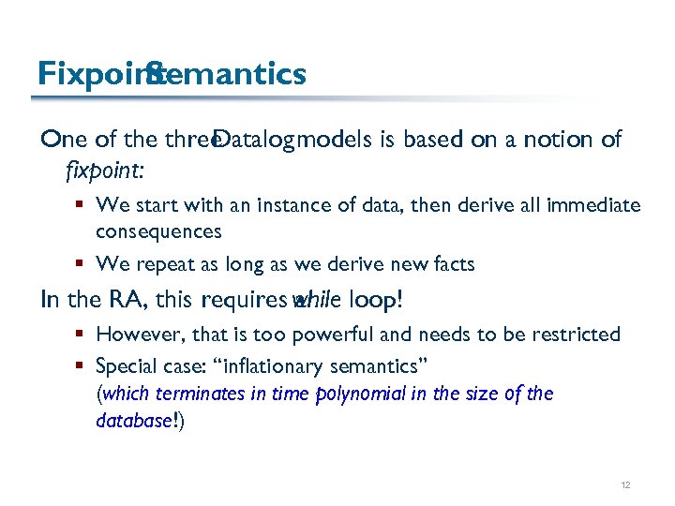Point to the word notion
(554, 140)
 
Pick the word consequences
(158, 230)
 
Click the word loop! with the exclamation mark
(375, 300)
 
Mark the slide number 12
(625, 485)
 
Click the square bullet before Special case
(82, 365)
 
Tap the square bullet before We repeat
(82, 264)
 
